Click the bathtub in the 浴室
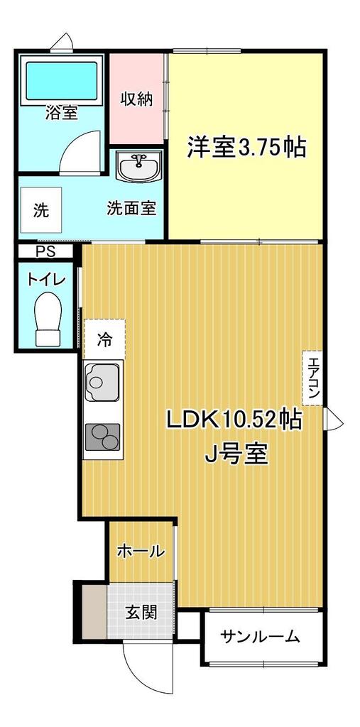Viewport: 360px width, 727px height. (x=62, y=80)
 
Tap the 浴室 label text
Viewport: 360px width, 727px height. (x=61, y=112)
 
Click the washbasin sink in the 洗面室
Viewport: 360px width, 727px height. (x=138, y=165)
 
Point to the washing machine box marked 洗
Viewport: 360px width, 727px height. (x=41, y=210)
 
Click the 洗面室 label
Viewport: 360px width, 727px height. (x=131, y=208)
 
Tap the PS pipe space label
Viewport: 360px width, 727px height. (x=45, y=252)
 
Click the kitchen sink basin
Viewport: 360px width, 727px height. (x=102, y=381)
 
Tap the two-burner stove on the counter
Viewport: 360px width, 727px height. (x=102, y=437)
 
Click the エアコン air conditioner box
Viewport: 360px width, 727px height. (x=312, y=378)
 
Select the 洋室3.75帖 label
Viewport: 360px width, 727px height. (x=246, y=148)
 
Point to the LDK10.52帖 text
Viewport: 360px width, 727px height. (x=234, y=420)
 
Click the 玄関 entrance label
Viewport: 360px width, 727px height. (x=141, y=613)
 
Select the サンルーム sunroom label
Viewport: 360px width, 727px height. (x=260, y=637)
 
